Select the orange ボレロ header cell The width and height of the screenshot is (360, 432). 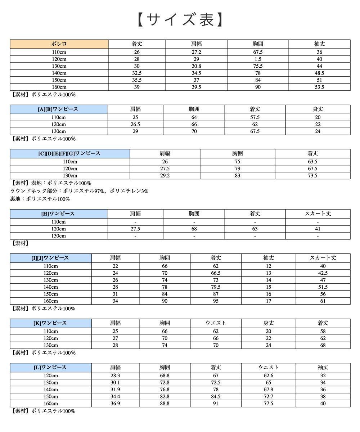59,44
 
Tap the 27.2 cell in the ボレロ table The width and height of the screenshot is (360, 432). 196,52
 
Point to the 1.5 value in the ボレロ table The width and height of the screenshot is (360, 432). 258,59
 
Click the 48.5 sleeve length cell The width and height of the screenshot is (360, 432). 319,73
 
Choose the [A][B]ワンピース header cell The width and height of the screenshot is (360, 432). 58,109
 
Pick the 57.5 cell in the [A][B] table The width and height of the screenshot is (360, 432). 255,117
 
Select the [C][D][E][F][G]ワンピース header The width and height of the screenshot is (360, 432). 70,153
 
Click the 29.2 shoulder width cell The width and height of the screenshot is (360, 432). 165,176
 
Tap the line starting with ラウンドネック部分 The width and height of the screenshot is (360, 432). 79,191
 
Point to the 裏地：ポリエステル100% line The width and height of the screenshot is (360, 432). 40,199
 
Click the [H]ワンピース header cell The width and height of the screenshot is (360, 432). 58,213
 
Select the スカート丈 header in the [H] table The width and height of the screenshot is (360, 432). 318,213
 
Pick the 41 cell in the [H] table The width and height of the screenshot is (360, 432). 318,229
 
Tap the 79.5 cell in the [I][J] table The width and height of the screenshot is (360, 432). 216,287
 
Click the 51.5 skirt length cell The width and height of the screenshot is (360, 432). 323,287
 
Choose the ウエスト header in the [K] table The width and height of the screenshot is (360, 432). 216,323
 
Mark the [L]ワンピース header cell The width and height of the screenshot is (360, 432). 51,367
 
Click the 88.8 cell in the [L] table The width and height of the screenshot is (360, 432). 165,404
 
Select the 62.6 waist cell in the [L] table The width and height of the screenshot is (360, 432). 269,375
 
